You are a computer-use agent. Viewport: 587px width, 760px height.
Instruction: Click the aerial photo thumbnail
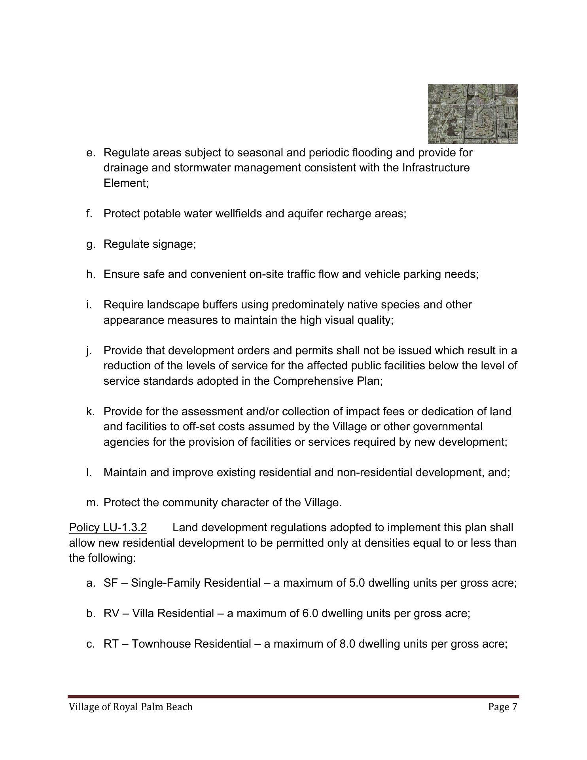point(473,114)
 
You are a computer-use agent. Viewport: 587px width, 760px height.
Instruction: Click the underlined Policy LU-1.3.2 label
point(108,528)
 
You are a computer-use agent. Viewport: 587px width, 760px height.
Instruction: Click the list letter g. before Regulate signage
point(91,244)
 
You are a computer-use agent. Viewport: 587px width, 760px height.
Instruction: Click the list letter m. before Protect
point(92,503)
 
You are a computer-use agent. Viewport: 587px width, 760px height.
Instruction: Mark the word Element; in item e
point(126,183)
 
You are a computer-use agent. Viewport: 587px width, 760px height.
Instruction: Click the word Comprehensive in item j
point(311,381)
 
